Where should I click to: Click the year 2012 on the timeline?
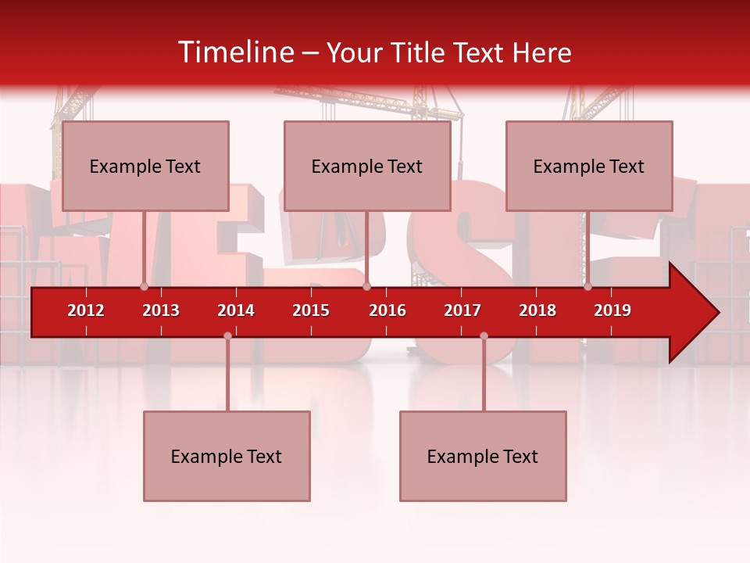coord(86,310)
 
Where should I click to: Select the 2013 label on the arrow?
coord(161,310)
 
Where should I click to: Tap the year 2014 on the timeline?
coord(236,310)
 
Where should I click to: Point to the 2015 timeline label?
coord(311,310)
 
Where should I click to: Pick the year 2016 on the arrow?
coord(387,310)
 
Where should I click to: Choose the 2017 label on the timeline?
coord(462,310)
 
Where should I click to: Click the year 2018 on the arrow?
coord(537,310)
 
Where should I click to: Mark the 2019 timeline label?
coord(612,310)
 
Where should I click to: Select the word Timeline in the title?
coord(235,52)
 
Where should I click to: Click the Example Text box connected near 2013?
coord(145,166)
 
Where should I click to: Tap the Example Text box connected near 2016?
coord(367,166)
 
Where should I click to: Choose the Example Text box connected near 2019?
coord(589,166)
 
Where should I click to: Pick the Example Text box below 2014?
coord(227,456)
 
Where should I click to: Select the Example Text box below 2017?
coord(483,456)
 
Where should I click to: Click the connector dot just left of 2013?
coord(144,286)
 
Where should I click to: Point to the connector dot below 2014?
coord(227,336)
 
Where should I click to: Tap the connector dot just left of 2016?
coord(366,286)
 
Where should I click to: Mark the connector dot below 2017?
coord(484,336)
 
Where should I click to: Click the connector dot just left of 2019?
coord(587,286)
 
